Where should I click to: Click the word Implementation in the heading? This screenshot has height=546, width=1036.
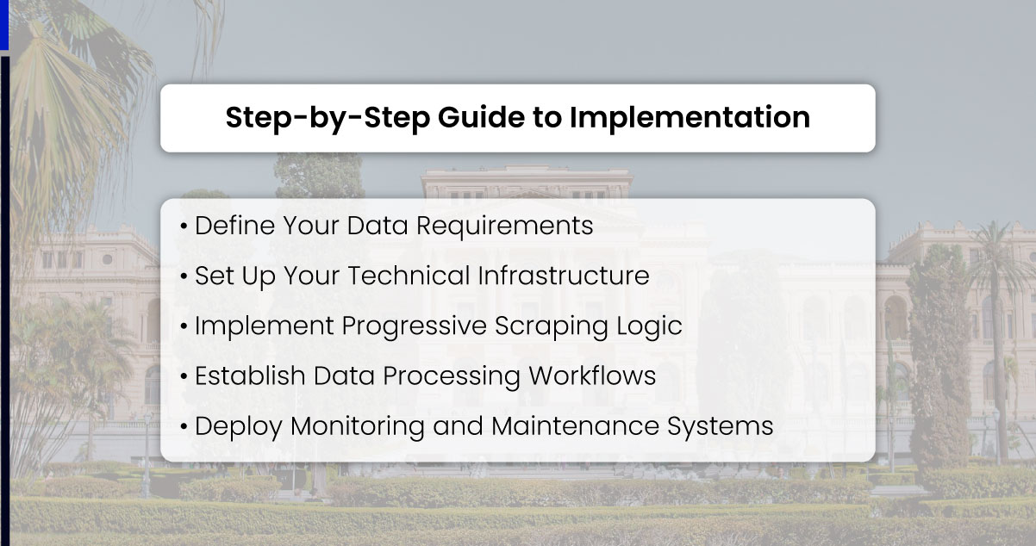point(690,118)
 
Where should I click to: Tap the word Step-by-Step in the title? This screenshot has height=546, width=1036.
point(328,118)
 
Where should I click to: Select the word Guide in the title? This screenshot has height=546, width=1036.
point(481,118)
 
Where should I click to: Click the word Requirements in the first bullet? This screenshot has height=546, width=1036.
point(505,226)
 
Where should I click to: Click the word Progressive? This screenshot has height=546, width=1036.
point(414,326)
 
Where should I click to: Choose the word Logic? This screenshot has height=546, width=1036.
point(648,326)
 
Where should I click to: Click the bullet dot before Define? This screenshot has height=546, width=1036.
point(184,227)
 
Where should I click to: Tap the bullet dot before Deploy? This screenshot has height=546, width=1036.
point(184,427)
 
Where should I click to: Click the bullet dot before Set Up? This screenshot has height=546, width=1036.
point(184,277)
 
